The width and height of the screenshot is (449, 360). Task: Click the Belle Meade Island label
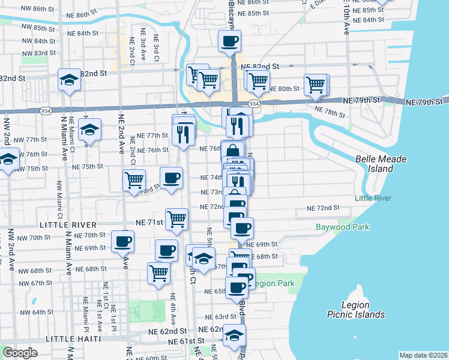(381, 164)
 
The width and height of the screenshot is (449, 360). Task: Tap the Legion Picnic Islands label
(356, 310)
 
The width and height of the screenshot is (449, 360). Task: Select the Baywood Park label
(343, 227)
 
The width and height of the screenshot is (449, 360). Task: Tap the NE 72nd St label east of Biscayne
(323, 208)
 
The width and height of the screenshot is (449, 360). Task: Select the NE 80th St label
(283, 89)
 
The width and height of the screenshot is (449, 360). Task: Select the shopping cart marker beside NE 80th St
(258, 80)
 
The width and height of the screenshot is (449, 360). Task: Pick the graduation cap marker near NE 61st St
(234, 336)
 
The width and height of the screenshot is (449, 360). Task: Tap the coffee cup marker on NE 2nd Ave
(123, 242)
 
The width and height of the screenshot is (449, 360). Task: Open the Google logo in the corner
(20, 353)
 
